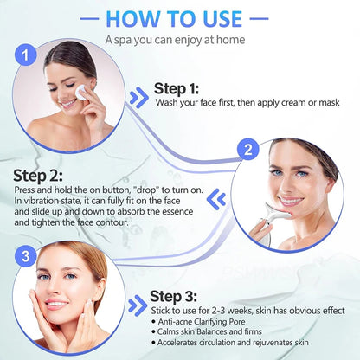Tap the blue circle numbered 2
click(x=247, y=150)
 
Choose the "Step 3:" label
click(x=179, y=296)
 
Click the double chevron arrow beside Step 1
click(x=138, y=96)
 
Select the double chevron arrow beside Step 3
click(x=137, y=305)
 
